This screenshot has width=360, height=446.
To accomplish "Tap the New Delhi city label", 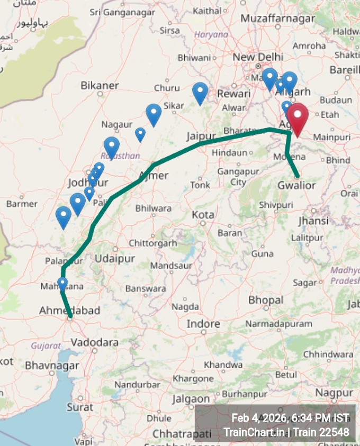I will [x=258, y=57].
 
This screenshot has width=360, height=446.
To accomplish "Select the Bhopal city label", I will [x=266, y=300].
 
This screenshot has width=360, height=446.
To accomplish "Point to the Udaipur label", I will [x=115, y=258].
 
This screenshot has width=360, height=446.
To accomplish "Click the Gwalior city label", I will [x=296, y=185].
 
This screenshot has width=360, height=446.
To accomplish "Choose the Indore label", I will [x=203, y=323].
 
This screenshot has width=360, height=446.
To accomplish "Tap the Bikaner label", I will [x=100, y=85].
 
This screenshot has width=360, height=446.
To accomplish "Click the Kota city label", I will [x=203, y=215].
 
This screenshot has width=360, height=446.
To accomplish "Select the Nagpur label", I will [x=334, y=393].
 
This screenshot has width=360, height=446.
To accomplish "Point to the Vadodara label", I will [x=94, y=342].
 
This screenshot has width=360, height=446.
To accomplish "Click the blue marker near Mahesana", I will [x=62, y=284].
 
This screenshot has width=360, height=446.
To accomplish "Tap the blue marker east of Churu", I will [x=200, y=93].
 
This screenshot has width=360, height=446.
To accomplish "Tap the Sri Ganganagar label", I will [x=118, y=12].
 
